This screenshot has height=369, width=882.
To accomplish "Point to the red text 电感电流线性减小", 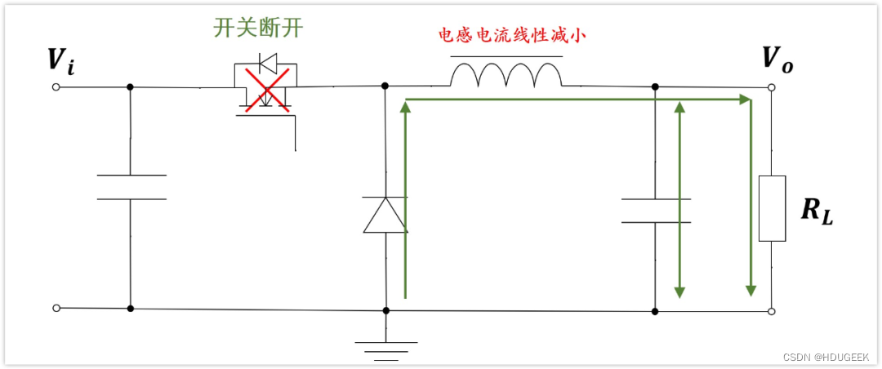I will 512,36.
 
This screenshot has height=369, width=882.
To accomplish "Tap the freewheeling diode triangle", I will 385,216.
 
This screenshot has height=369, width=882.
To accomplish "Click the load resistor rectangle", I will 772,208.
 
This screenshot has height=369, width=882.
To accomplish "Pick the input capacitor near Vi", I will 131,187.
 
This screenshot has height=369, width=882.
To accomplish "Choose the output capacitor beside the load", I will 655,210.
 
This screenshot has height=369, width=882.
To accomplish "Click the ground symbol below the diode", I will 385,350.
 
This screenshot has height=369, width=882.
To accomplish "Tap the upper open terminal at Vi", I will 56,87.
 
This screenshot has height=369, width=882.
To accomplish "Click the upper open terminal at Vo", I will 771,87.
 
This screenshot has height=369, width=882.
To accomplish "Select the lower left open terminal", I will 56,308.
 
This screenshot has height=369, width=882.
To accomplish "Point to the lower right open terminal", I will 771,311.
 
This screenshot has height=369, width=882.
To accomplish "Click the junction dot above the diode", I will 385,86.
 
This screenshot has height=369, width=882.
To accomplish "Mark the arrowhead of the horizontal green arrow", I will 745,100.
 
